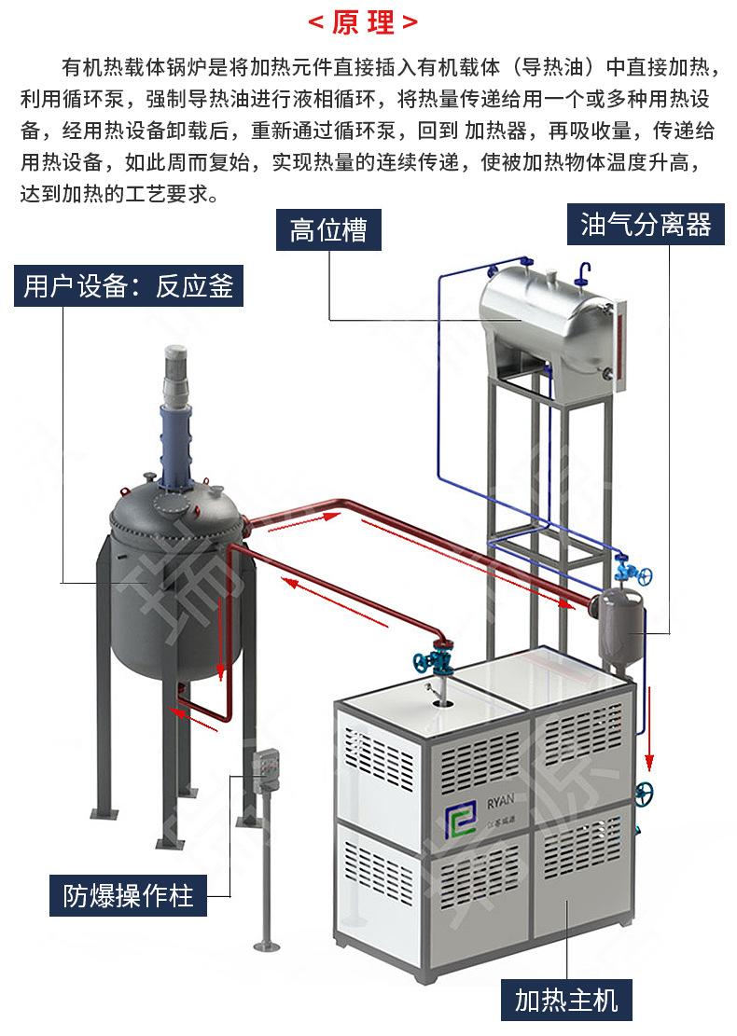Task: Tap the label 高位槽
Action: [x=328, y=229]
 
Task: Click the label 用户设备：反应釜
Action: [x=129, y=286]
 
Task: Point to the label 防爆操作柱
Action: [x=129, y=897]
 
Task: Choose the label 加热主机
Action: [x=566, y=1001]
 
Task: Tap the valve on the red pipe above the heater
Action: [x=436, y=660]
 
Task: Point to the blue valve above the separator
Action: [x=624, y=568]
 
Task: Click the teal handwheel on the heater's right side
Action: [x=644, y=794]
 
